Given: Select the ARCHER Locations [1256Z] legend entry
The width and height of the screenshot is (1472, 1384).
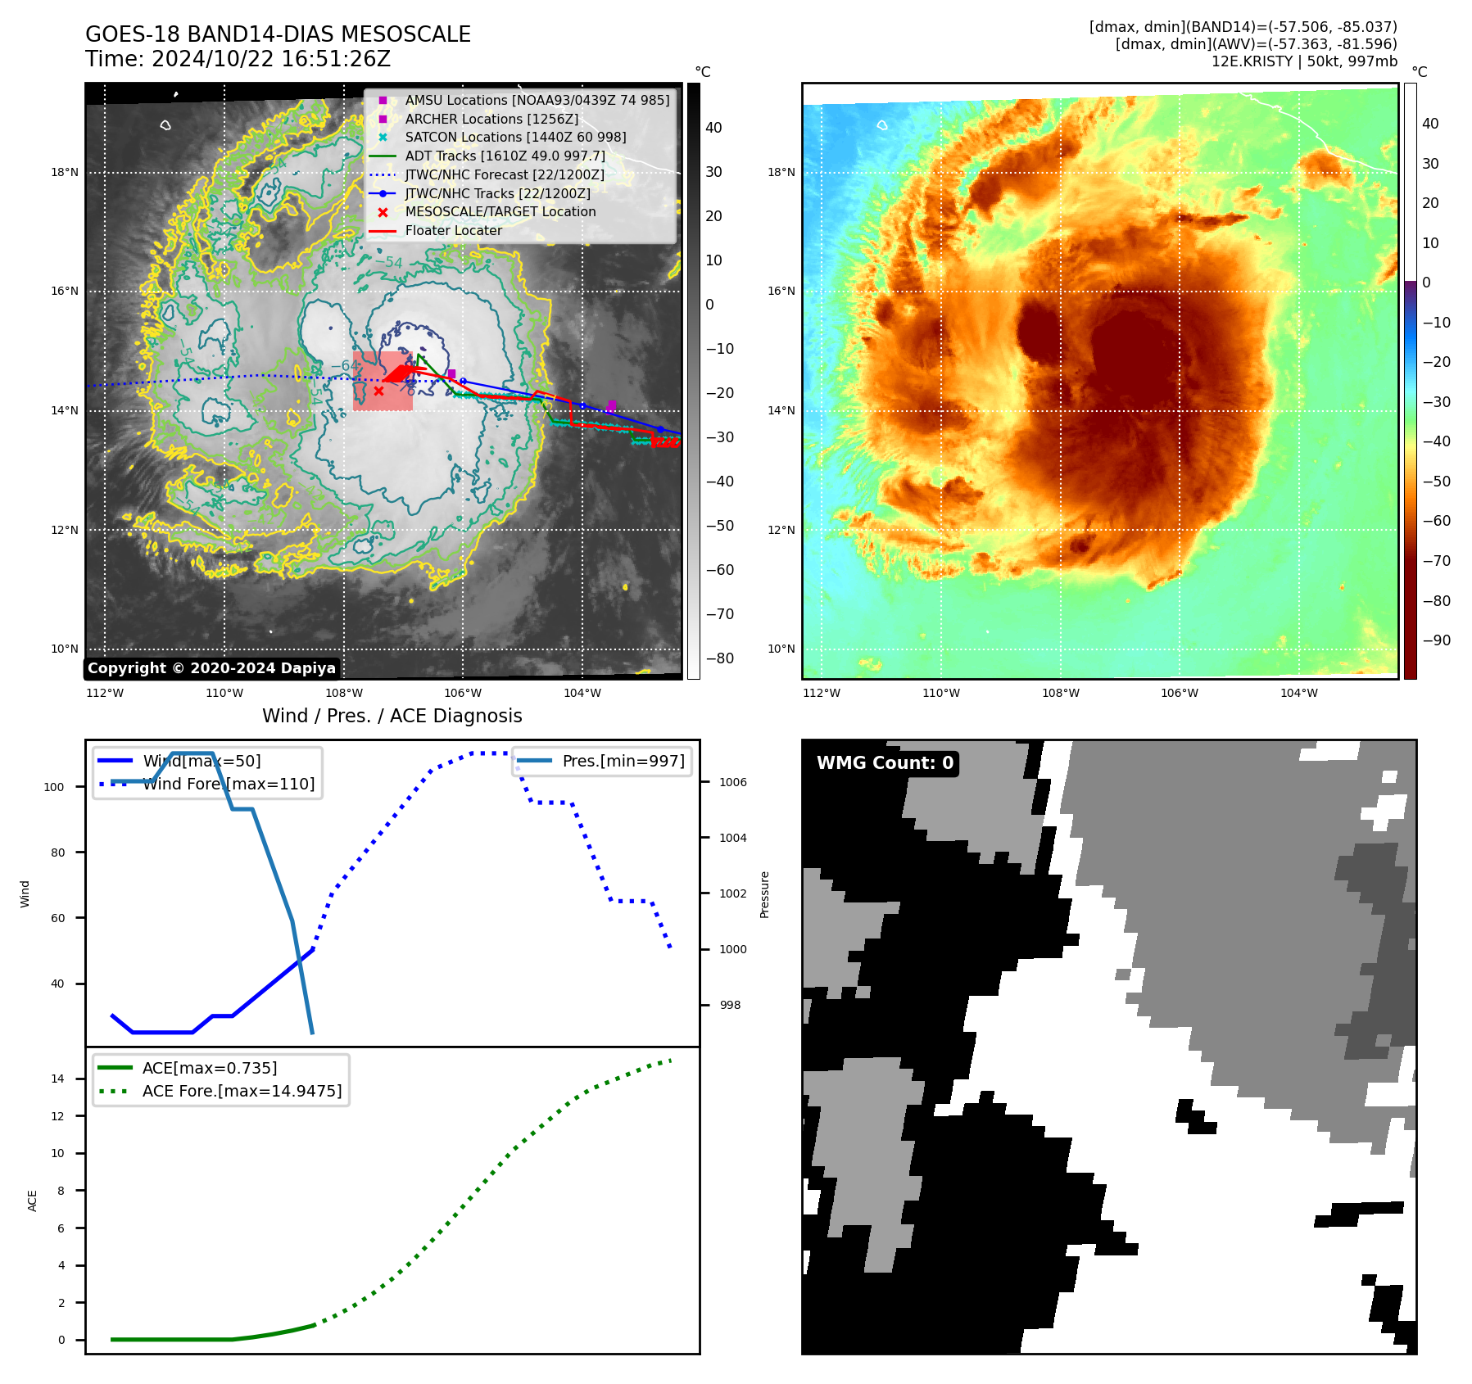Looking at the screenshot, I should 491,119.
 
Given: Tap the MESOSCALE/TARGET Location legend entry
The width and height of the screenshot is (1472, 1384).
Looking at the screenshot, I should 500,211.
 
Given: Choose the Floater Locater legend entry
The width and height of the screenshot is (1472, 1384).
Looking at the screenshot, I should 453,230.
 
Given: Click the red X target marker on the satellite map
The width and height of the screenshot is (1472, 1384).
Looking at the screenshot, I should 378,391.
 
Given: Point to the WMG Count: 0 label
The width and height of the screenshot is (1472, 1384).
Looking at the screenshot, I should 885,762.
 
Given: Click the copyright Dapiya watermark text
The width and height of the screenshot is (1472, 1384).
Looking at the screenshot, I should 211,667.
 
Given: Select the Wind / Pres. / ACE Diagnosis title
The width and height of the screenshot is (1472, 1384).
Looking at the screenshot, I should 392,716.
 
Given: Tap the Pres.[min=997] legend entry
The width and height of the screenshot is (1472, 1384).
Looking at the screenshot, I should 623,761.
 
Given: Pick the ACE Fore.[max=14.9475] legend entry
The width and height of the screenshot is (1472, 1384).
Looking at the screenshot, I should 242,1091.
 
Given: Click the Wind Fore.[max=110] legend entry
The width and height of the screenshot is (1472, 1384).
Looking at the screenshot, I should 228,784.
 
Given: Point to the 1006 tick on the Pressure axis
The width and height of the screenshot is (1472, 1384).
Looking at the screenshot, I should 732,782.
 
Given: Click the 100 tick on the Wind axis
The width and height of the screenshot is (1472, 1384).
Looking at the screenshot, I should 54,787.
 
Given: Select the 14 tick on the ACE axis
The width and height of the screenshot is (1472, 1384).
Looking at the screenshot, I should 57,1079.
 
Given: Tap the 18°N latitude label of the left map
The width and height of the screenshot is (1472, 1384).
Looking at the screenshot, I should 65,172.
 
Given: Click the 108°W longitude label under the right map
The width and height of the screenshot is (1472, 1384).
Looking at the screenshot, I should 1060,693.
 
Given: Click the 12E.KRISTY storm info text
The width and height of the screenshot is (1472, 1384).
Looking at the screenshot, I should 1304,61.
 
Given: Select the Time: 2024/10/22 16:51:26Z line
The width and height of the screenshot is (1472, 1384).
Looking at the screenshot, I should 238,59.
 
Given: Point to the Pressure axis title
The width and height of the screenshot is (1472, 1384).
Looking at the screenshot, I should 764,893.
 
